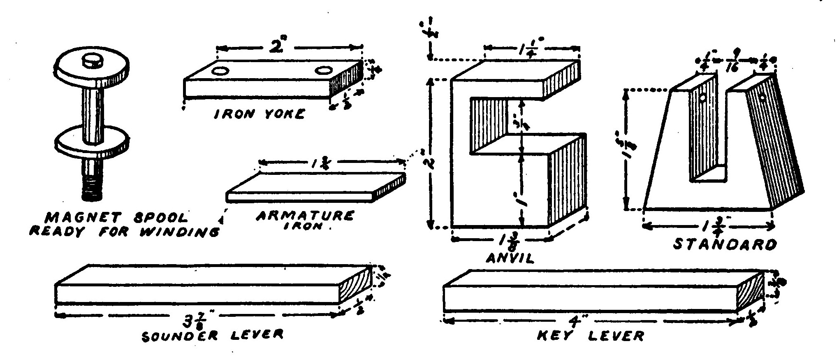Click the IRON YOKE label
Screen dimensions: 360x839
(259, 114)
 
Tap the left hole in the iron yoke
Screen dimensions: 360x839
(220, 72)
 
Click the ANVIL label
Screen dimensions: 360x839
(510, 258)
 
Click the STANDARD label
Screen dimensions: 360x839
(725, 244)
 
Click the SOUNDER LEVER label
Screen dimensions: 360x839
(212, 335)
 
